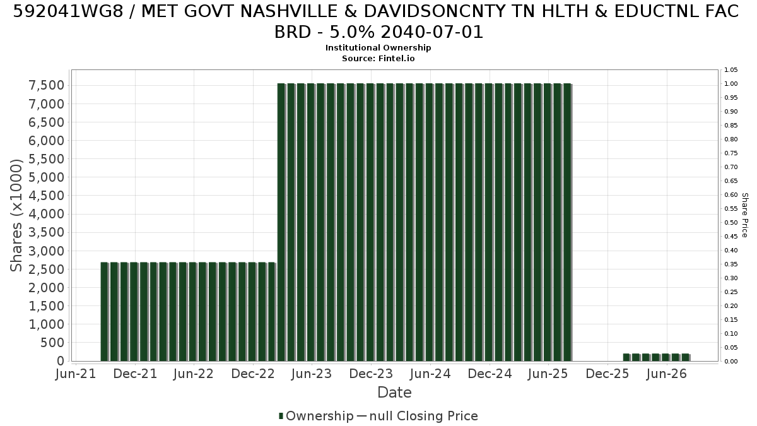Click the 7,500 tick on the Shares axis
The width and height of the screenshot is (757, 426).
click(x=46, y=86)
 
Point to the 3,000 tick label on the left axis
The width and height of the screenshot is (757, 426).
click(x=46, y=251)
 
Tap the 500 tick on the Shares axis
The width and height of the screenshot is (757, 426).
click(x=52, y=343)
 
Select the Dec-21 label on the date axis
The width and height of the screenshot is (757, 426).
click(x=135, y=374)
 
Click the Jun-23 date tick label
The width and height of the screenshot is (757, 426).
click(x=312, y=374)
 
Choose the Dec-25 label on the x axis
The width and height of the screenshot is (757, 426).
click(x=607, y=374)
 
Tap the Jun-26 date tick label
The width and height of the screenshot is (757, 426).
click(x=666, y=374)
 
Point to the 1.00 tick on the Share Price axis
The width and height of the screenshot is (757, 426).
click(x=731, y=84)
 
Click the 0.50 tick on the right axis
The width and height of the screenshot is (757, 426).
click(x=731, y=222)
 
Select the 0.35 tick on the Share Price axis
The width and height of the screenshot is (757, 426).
click(x=731, y=264)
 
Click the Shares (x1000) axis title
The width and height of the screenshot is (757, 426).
click(x=16, y=215)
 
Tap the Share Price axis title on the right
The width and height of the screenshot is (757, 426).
click(x=745, y=215)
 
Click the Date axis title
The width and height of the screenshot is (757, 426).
click(x=394, y=393)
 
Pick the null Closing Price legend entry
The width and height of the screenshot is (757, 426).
click(x=418, y=416)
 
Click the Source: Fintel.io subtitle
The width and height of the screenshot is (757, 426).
click(x=378, y=59)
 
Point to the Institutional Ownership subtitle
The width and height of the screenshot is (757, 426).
click(x=378, y=48)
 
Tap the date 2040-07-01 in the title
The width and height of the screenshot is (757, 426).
click(x=432, y=32)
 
